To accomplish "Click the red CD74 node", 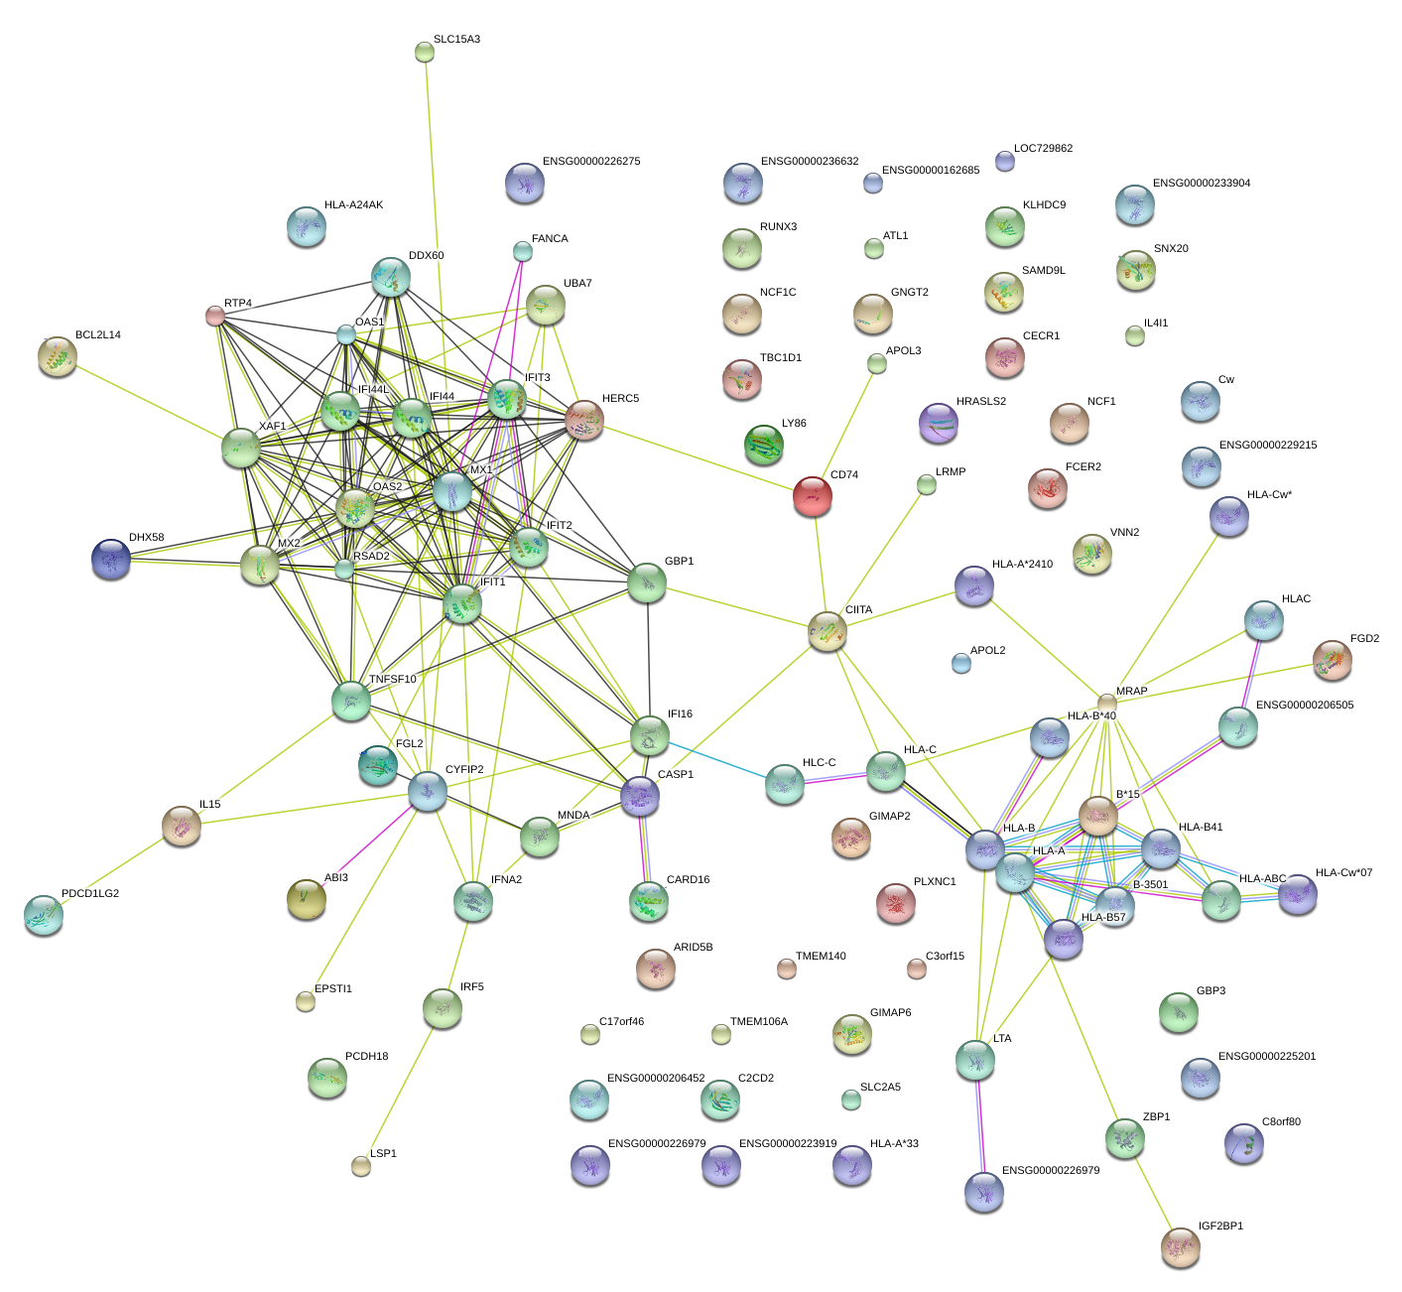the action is pyautogui.click(x=812, y=494).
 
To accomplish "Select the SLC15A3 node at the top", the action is pyautogui.click(x=424, y=52).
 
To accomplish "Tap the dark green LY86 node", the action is pyautogui.click(x=763, y=443).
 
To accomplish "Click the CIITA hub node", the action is pyautogui.click(x=827, y=630).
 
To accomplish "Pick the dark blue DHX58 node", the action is pyautogui.click(x=110, y=558).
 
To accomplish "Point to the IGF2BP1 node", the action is pyautogui.click(x=1180, y=1245).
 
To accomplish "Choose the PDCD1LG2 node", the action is pyautogui.click(x=43, y=914).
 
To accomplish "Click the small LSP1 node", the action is pyautogui.click(x=361, y=1165).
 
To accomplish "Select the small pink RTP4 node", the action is pyautogui.click(x=214, y=316).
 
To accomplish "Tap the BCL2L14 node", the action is pyautogui.click(x=58, y=355).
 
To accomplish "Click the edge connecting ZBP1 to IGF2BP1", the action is pyautogui.click(x=1152, y=1191).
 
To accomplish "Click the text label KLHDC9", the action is pyautogui.click(x=1044, y=205).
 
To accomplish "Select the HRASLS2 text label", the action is pyautogui.click(x=980, y=402).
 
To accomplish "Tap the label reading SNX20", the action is pyautogui.click(x=1171, y=249).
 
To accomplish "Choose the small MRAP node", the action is pyautogui.click(x=1106, y=703).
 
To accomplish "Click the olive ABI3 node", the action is pyautogui.click(x=306, y=898).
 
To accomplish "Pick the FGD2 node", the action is pyautogui.click(x=1332, y=660).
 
